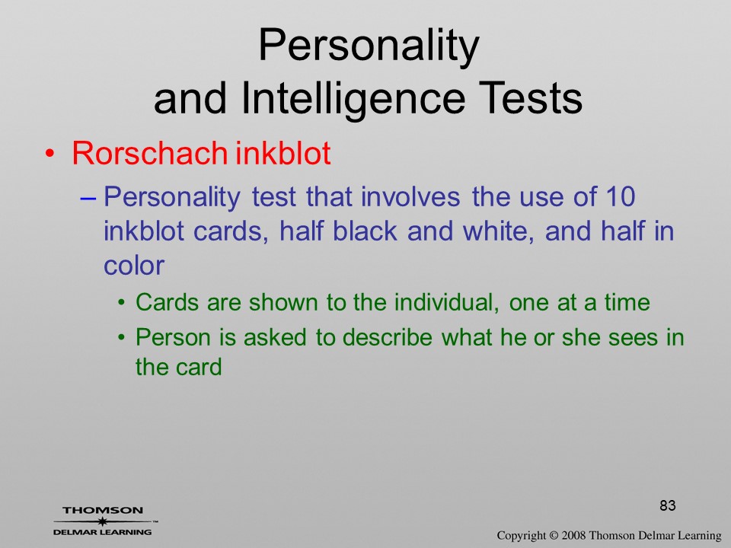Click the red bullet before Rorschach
[x=49, y=154]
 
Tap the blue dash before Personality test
[x=88, y=199]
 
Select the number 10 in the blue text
[x=621, y=196]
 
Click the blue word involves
[x=410, y=196]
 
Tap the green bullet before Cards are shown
[x=122, y=303]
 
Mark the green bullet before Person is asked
[x=122, y=337]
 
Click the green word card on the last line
[x=198, y=366]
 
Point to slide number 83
[x=668, y=505]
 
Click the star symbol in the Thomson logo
[x=101, y=521]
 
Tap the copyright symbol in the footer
[x=554, y=535]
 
